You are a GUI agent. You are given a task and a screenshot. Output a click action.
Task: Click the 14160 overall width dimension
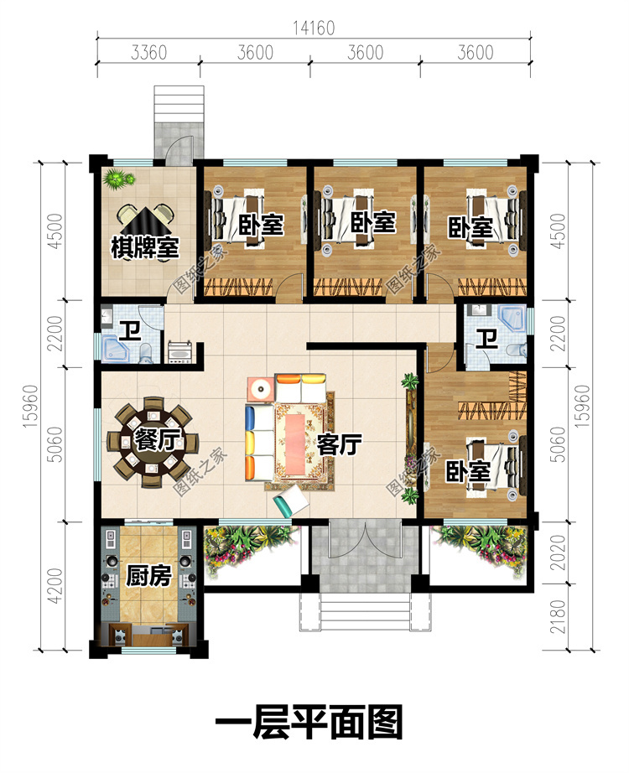(x=314, y=29)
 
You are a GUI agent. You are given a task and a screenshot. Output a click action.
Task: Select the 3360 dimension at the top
(x=148, y=52)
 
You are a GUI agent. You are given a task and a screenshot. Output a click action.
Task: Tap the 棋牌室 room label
(x=144, y=246)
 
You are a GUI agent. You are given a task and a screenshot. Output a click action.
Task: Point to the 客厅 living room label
(x=340, y=444)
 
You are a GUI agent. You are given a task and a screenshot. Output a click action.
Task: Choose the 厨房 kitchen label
(x=148, y=575)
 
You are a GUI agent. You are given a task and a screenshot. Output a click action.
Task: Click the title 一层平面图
(x=309, y=722)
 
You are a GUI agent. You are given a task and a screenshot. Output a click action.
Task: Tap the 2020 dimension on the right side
(x=558, y=553)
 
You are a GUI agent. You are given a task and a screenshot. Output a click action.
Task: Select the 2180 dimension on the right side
(x=558, y=617)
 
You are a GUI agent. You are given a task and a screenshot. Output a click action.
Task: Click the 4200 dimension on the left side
(x=56, y=586)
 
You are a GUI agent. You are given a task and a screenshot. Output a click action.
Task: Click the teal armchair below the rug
(x=291, y=501)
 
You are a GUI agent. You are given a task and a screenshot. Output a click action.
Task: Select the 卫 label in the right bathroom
(x=486, y=339)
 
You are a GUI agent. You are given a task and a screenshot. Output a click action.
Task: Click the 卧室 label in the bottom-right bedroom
(x=468, y=472)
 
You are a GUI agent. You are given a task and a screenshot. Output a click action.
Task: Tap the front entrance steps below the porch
(x=365, y=612)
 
